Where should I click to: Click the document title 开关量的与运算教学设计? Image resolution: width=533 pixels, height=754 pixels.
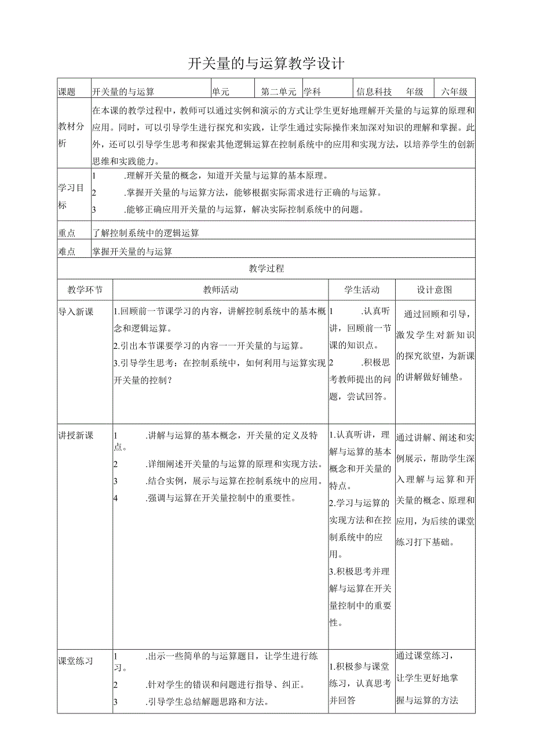pyautogui.click(x=266, y=63)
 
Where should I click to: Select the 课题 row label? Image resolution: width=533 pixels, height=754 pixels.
pyautogui.click(x=67, y=92)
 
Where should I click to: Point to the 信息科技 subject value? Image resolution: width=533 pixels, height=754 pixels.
pyautogui.click(x=374, y=92)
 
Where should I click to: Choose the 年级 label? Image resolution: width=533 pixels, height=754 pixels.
pyautogui.click(x=415, y=92)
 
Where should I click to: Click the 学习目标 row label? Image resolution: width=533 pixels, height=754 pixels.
pyautogui.click(x=71, y=196)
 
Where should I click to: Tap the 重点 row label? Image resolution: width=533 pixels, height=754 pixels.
pyautogui.click(x=67, y=233)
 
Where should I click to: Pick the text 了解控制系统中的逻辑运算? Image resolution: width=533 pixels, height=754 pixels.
pyautogui.click(x=146, y=233)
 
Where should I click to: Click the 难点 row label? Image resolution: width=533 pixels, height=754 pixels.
pyautogui.click(x=67, y=251)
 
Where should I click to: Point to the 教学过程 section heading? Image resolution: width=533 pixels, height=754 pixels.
pyautogui.click(x=266, y=268)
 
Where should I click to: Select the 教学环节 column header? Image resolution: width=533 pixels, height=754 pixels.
pyautogui.click(x=85, y=290)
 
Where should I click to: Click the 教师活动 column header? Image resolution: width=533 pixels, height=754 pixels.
pyautogui.click(x=221, y=290)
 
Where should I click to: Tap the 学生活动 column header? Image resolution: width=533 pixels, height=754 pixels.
pyautogui.click(x=362, y=290)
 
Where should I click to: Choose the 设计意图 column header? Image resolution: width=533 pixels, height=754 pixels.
pyautogui.click(x=435, y=290)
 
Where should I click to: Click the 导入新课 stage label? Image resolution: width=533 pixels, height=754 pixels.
pyautogui.click(x=76, y=312)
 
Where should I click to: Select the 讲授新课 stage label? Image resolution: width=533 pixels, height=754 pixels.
pyautogui.click(x=76, y=435)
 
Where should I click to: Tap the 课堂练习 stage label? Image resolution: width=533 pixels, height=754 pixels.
pyautogui.click(x=76, y=661)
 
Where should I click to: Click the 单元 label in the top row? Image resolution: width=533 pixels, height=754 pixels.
pyautogui.click(x=221, y=92)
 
